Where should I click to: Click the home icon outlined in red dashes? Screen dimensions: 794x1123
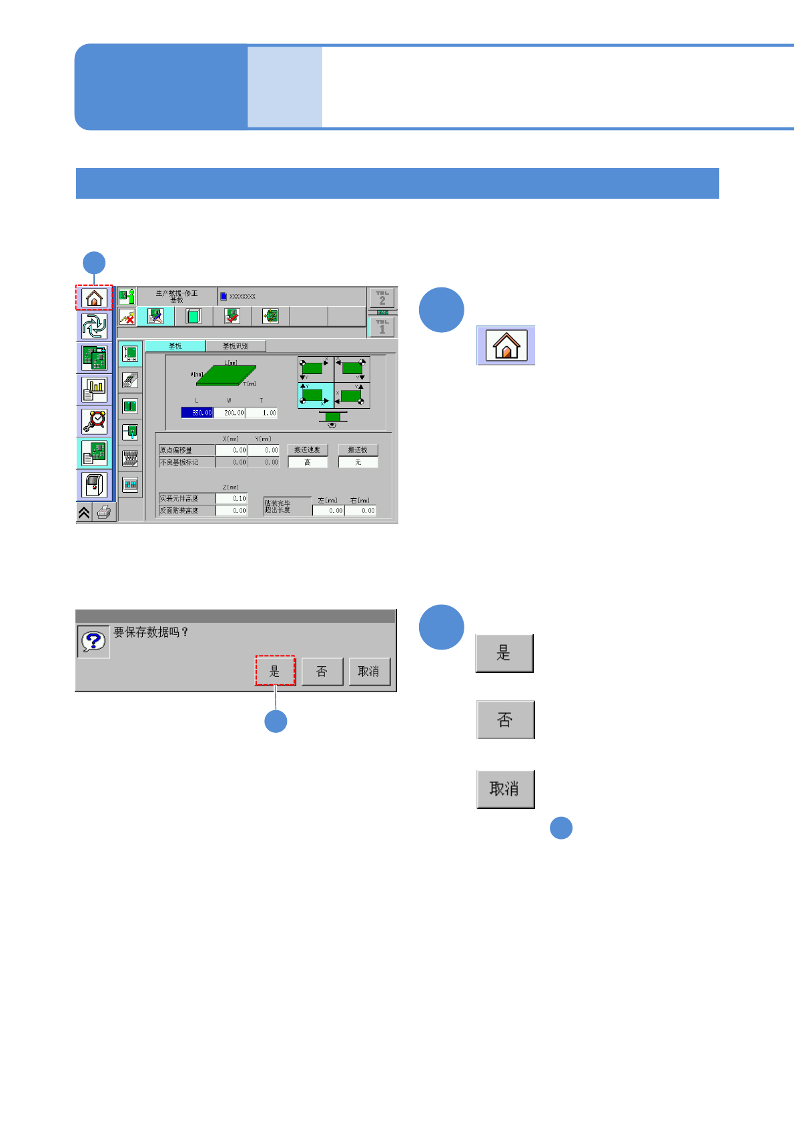(x=94, y=297)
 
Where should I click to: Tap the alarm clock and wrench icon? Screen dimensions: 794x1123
(x=94, y=421)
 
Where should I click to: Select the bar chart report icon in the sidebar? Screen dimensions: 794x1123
(x=94, y=389)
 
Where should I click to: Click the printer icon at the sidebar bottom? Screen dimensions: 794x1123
(x=104, y=512)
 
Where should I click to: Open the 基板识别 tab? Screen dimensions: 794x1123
(x=236, y=346)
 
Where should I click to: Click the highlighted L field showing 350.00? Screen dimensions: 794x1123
(x=197, y=413)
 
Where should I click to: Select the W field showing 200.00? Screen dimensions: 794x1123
(x=230, y=413)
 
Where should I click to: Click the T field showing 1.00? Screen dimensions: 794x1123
(x=262, y=413)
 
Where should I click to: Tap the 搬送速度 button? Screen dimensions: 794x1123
(x=308, y=450)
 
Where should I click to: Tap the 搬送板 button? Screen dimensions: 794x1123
(x=358, y=450)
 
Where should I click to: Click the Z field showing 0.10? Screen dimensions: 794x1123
(x=232, y=498)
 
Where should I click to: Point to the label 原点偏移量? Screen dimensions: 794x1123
(x=186, y=450)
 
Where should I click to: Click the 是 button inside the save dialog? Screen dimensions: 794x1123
(x=275, y=671)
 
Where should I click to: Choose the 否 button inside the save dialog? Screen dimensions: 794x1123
(x=322, y=671)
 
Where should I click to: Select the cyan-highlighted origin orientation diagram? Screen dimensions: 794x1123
(x=316, y=395)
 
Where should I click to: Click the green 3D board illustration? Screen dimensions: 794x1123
(x=226, y=375)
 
